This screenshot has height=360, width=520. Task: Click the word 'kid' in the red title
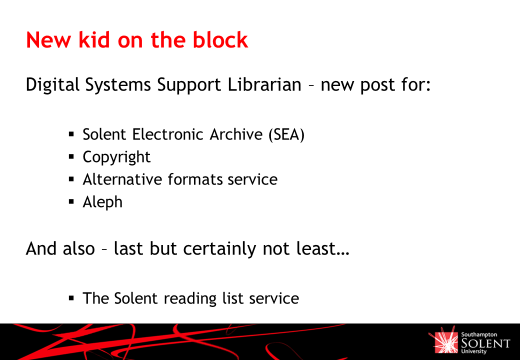94,40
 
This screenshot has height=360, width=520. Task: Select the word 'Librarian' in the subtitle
264,84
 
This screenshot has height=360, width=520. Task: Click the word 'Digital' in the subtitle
52,85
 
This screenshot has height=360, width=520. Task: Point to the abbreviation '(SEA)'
286,134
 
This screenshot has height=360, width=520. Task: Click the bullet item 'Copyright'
116,157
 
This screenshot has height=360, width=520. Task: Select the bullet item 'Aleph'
102,202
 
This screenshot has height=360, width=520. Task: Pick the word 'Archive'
236,134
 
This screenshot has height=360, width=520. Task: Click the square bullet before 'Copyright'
71,156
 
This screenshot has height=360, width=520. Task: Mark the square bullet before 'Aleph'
71,201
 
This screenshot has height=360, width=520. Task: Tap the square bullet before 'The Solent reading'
71,297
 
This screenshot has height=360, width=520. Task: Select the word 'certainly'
219,249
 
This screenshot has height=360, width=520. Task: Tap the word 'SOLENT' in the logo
485,343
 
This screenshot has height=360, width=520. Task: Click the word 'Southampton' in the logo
479,335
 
